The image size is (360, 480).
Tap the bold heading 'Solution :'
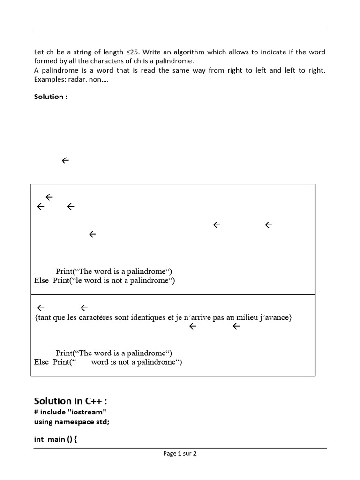pos(51,97)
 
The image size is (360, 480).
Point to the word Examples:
pos(49,79)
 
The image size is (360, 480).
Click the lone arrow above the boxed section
pos(65,160)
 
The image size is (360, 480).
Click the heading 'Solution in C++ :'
pos(73,401)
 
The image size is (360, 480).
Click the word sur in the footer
pos(187,453)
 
